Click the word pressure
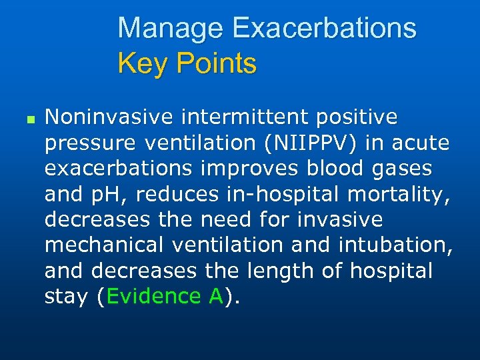click(x=90, y=143)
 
